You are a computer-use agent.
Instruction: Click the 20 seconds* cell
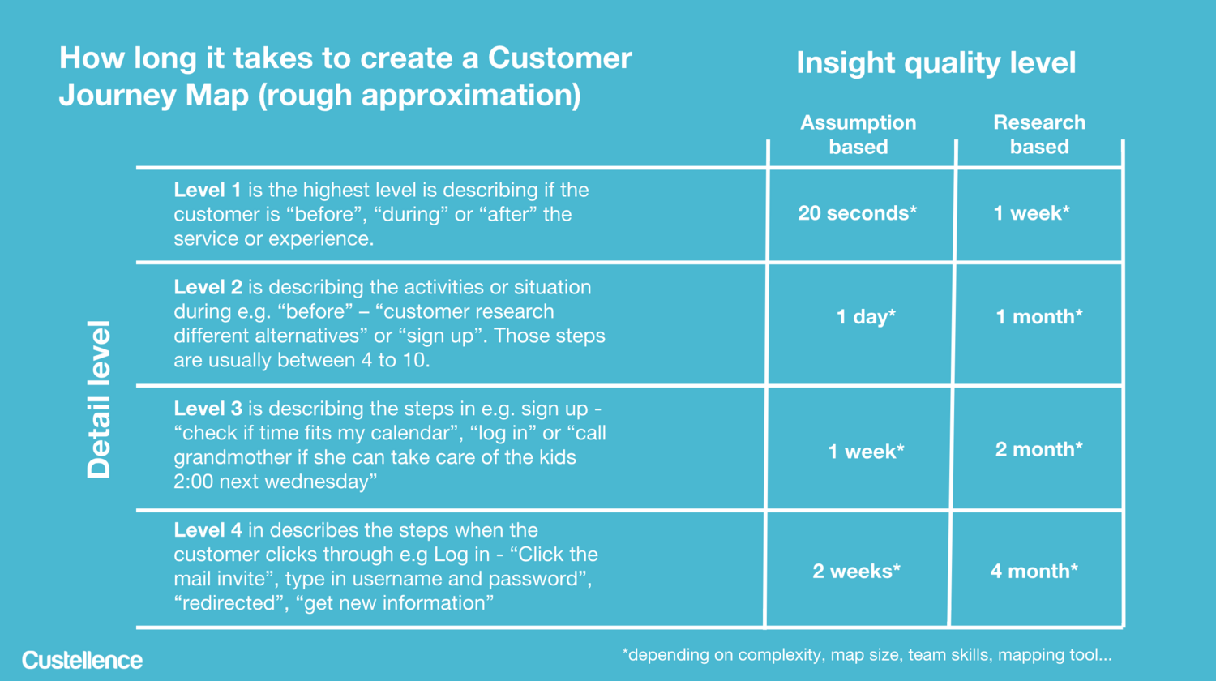click(857, 213)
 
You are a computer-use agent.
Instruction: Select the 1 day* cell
click(866, 317)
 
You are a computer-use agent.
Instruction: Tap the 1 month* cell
click(1039, 317)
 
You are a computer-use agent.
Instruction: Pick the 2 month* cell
click(1038, 449)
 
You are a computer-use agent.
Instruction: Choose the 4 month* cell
click(1034, 571)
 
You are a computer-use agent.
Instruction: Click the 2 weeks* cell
click(856, 571)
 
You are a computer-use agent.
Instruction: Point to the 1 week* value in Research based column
click(1031, 213)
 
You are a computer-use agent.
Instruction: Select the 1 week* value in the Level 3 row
click(866, 452)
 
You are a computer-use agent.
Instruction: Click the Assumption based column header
click(858, 135)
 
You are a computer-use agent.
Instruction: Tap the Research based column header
click(1039, 135)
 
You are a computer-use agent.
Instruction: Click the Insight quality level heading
click(936, 63)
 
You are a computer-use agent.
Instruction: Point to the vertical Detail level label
click(99, 399)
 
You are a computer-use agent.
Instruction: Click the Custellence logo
click(82, 661)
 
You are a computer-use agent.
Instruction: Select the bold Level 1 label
click(208, 190)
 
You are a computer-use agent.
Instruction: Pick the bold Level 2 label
click(208, 287)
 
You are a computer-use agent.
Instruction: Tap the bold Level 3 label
click(208, 409)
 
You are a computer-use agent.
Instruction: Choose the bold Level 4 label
click(208, 530)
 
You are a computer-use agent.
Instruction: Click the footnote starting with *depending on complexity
click(867, 656)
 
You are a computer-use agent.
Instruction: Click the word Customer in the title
click(559, 58)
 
